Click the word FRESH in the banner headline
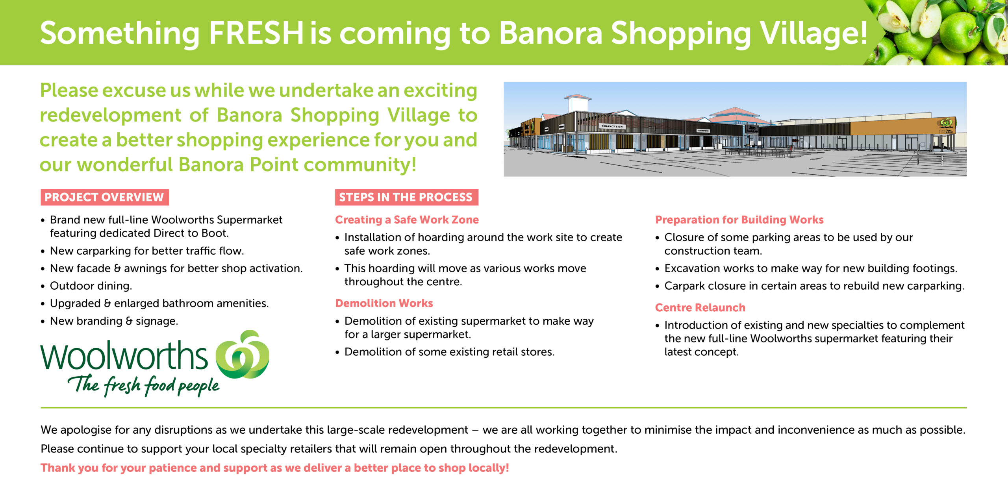tap(256, 33)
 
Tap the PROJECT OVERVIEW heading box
tap(104, 197)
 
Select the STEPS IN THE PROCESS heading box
tap(406, 197)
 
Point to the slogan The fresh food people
tap(144, 385)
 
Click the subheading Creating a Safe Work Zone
tap(407, 220)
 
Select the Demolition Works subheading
tap(384, 303)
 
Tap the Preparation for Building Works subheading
tap(739, 220)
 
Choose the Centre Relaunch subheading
tap(700, 308)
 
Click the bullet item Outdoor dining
tap(91, 286)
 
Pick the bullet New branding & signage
tap(114, 321)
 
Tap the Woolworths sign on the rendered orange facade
tap(946, 124)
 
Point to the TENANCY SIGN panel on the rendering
tap(611, 126)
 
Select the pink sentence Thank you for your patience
tap(274, 468)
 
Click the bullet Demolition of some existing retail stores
tap(449, 352)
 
